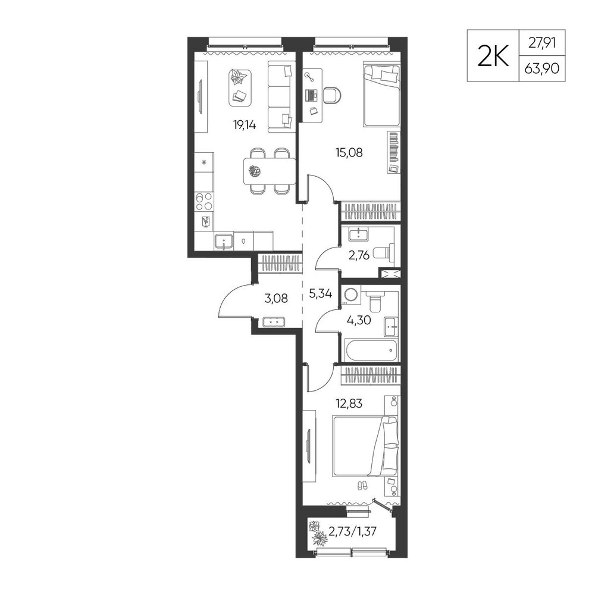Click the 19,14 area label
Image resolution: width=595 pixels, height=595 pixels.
point(245,125)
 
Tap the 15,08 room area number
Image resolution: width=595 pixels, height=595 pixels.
point(349,152)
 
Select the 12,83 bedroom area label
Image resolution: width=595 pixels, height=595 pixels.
point(349,403)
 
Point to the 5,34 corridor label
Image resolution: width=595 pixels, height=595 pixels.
point(321,294)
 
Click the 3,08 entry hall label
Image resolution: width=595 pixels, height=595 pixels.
point(276,299)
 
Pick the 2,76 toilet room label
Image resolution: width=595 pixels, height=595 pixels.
point(359,255)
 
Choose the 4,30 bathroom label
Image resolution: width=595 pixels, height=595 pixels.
point(359,321)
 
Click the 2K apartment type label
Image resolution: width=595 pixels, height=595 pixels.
point(493,56)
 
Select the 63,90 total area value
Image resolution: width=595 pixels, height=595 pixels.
point(542,69)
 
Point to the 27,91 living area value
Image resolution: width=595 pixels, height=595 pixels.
point(542,43)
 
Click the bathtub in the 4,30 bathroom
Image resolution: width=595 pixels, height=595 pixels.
point(370,350)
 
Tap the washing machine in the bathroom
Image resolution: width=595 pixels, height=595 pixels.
point(351,296)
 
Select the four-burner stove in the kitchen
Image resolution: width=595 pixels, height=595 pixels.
point(203,202)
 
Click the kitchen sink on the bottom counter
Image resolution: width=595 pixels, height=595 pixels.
point(224,242)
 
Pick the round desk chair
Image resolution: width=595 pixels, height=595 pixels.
point(333,95)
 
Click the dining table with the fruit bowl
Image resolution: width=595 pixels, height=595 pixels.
point(270,171)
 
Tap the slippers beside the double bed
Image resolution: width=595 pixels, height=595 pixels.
point(363,486)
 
